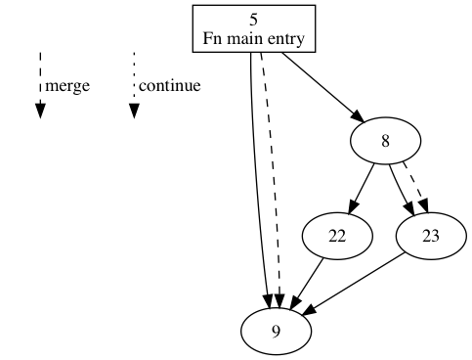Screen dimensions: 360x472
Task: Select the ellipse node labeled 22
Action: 338,237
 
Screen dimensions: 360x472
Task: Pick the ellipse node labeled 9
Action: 277,332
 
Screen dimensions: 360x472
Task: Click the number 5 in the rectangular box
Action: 254,19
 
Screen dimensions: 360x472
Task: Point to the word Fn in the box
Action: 213,40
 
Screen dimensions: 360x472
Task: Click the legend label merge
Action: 67,86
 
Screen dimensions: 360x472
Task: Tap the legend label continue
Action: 169,86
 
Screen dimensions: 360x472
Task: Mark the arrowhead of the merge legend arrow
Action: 40,110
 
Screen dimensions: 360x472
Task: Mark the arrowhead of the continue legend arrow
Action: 134,110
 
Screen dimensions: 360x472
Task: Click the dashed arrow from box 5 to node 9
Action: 271,176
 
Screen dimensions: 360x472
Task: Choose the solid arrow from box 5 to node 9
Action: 256,176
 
